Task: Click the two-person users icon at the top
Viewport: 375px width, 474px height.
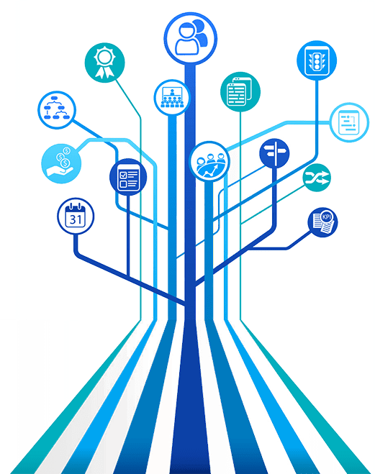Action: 191,38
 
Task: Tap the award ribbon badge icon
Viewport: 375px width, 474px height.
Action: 104,63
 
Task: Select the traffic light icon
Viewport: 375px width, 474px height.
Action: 317,60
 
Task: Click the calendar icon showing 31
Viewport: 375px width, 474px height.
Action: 76,216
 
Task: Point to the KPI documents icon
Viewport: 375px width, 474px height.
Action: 322,222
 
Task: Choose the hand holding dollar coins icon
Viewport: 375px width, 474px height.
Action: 61,163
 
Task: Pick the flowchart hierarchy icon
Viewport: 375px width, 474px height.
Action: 57,110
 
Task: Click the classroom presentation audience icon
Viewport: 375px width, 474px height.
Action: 172,97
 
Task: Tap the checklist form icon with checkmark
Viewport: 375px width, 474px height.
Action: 128,177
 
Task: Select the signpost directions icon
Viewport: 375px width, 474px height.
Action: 274,154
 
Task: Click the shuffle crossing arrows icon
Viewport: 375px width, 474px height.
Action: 317,178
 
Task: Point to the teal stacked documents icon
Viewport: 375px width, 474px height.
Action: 240,91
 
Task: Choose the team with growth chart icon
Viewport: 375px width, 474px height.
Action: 209,161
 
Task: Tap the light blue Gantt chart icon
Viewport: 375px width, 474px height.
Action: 349,122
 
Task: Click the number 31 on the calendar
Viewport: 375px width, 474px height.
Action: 76,219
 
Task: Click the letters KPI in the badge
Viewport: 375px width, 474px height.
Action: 327,217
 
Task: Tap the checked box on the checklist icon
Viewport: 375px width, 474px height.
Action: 123,175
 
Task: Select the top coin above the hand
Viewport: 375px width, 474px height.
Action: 66,150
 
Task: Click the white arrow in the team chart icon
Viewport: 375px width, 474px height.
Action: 210,171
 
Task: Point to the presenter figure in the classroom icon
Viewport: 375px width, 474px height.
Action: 172,92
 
